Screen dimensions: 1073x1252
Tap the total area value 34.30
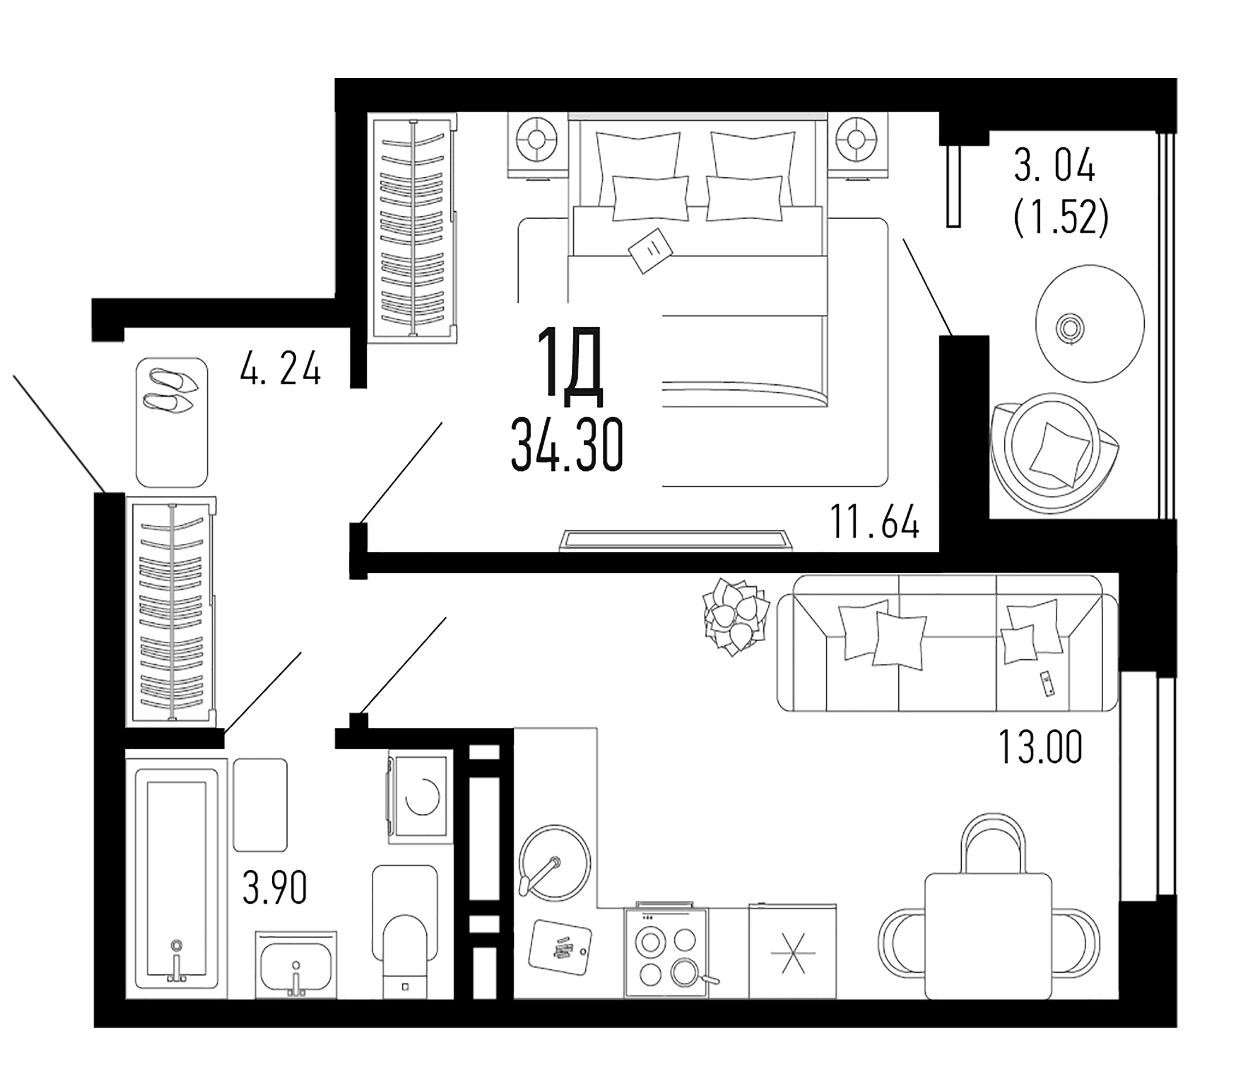566,446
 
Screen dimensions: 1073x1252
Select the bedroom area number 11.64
875,523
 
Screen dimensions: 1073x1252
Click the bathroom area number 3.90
275,888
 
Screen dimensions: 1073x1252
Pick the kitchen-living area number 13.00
1040,748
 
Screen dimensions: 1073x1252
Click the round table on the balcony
1089,324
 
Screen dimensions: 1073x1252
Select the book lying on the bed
651,250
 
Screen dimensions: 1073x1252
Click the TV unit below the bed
675,539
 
